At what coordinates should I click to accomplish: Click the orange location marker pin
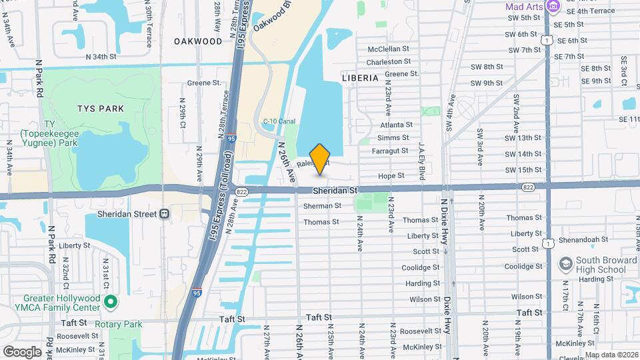coord(320,159)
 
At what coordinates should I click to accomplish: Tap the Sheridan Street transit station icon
coord(164,213)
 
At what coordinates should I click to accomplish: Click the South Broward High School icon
coord(565,263)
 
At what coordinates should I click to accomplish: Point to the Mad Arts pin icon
coord(552,6)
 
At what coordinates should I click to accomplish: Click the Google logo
coord(22,351)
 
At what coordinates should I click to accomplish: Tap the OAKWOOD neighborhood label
coord(198,41)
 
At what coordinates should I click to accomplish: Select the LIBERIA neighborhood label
coord(360,78)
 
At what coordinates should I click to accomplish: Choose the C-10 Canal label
coord(279,121)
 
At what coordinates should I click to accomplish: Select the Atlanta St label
coord(396,125)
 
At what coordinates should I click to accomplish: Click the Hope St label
coord(391,176)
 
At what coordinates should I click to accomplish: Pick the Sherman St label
coord(322,206)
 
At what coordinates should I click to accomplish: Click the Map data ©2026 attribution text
coord(611,355)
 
